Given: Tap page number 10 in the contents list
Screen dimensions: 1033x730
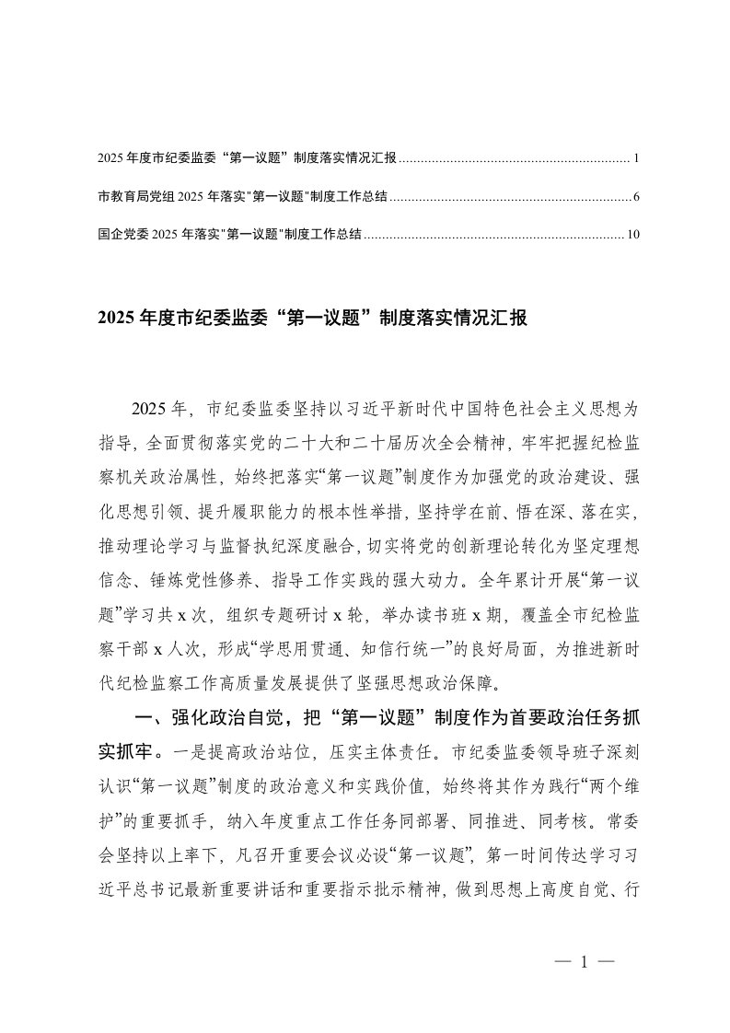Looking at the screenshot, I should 632,235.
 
